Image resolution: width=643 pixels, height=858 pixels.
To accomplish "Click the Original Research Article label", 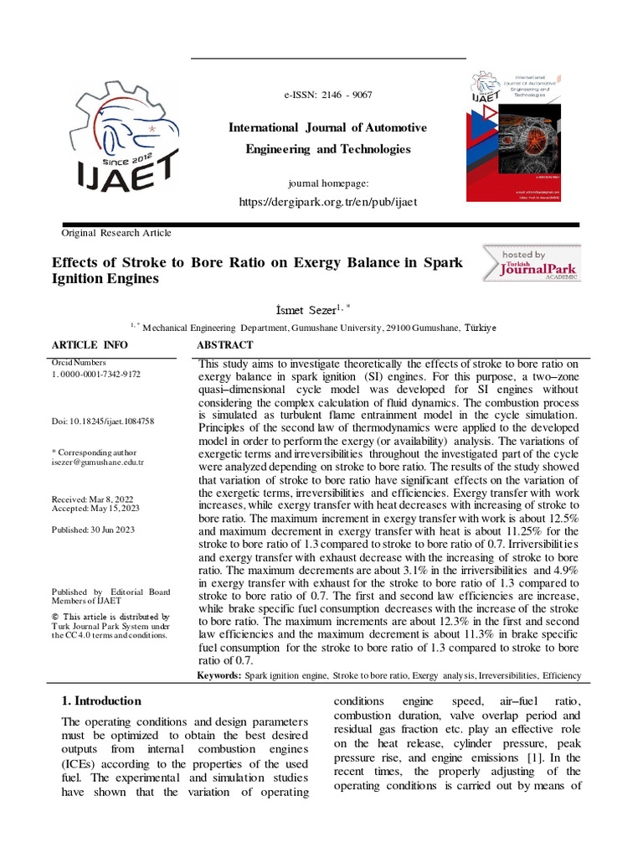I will point(116,233).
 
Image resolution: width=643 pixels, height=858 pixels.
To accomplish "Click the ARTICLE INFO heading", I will point(90,345).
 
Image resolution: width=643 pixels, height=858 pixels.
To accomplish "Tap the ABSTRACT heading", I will point(224,345).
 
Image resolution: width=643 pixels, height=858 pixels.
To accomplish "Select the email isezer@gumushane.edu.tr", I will point(98,462).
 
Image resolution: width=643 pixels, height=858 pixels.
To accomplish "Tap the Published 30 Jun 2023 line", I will point(93,530).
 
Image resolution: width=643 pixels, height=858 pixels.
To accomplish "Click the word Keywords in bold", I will point(219,675).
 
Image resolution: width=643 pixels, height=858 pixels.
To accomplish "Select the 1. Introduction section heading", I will point(102,701).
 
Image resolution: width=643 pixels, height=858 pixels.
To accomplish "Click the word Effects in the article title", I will point(74,262).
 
